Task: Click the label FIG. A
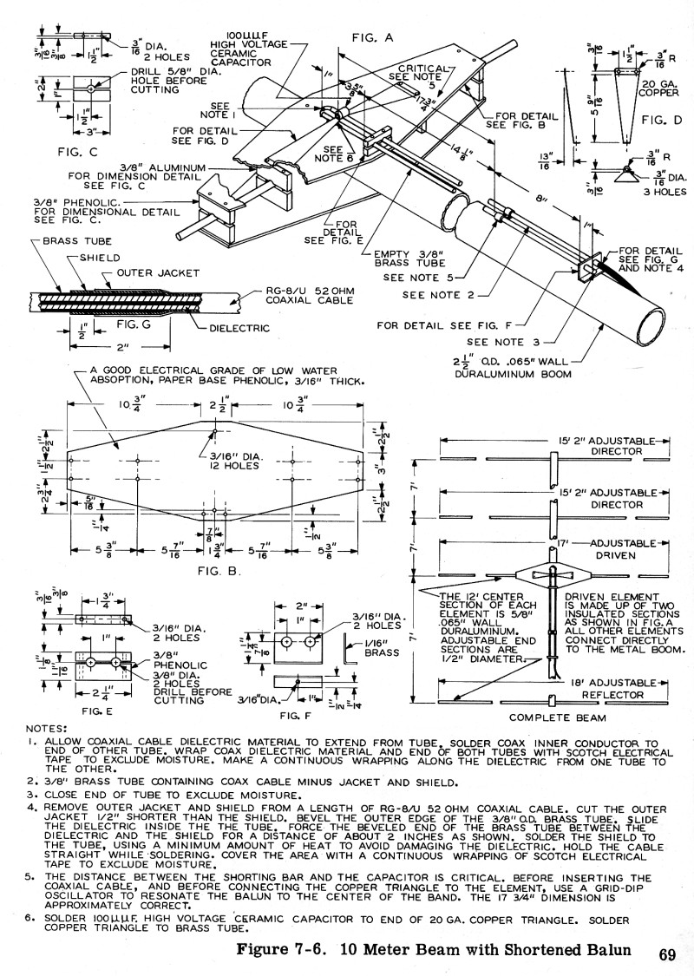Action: click(372, 37)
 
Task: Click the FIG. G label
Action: click(134, 322)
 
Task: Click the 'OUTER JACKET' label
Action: click(155, 272)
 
